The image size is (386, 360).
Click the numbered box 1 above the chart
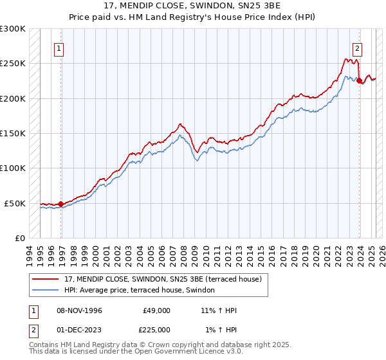pos(59,48)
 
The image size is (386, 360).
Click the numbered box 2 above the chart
pos(356,48)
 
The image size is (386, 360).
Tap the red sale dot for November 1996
pos(61,204)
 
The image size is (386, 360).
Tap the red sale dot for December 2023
pos(359,81)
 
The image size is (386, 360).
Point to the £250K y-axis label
pos(13,64)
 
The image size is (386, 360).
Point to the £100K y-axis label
pos(13,168)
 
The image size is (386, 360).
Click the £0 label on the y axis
pos(19,238)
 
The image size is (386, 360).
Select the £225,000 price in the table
pos(156,330)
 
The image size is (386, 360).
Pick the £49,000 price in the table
pos(156,310)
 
